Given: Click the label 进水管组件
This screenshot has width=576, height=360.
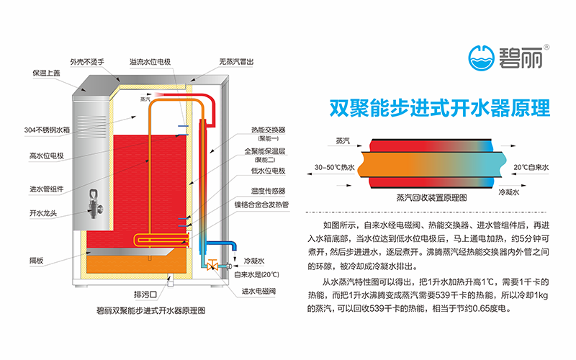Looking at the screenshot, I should tap(47, 189).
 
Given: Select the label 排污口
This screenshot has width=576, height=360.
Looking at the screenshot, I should tap(146, 294).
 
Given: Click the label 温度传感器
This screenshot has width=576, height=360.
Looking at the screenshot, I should tap(269, 191).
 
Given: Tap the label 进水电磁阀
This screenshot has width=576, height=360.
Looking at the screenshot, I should tap(258, 291).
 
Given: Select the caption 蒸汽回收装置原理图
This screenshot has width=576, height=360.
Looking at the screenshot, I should tap(432, 196).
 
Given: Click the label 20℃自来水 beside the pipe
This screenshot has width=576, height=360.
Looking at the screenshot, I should tap(531, 167).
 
